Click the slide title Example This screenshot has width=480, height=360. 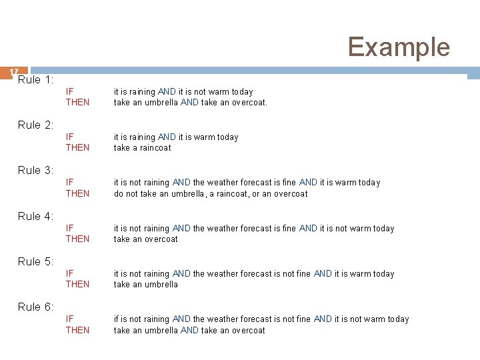[x=399, y=47]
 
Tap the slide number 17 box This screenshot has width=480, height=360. [x=14, y=72]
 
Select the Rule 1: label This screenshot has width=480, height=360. [x=35, y=80]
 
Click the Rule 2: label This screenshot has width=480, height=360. [x=35, y=125]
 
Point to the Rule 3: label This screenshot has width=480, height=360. [x=35, y=170]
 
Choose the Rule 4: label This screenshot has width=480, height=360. [x=35, y=216]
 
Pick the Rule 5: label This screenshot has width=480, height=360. [x=35, y=261]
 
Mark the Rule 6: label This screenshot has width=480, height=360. [x=35, y=307]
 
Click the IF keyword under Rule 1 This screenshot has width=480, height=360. [x=69, y=92]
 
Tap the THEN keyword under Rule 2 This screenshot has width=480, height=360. [x=77, y=148]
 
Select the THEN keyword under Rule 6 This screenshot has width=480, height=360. [x=77, y=330]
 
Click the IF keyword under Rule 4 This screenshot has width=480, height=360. [x=69, y=229]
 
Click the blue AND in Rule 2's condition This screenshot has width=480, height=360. [x=167, y=137]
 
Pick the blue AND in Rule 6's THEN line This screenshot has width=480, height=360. [x=189, y=330]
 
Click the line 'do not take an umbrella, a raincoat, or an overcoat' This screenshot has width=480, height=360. [x=211, y=194]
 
